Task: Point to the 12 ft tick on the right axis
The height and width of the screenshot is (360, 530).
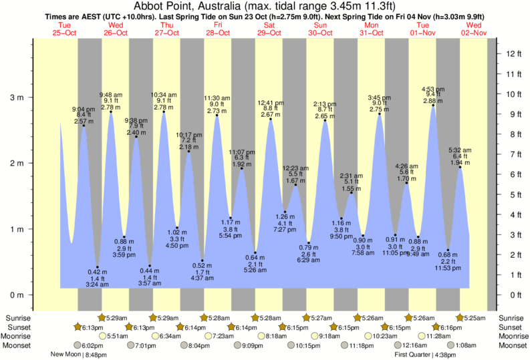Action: [x=511, y=53]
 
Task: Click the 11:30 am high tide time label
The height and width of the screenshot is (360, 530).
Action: [x=217, y=98]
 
